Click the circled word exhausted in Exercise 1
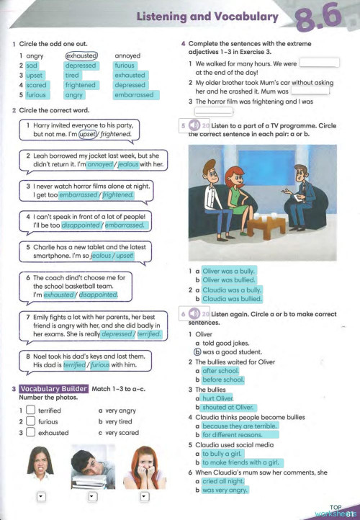click(x=81, y=55)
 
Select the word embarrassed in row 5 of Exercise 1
click(x=134, y=94)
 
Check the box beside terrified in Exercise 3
click(x=30, y=411)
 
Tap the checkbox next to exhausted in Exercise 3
click(x=30, y=432)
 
